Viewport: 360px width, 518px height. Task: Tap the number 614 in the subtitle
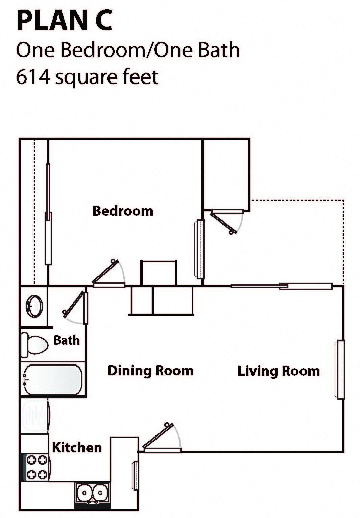33,77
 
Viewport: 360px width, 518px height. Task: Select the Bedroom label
123,211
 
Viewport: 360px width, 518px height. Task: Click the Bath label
67,340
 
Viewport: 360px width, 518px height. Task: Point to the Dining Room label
150,371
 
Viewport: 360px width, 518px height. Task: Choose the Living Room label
279,371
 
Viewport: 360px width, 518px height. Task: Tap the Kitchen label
77,447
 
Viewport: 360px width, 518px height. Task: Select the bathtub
52,379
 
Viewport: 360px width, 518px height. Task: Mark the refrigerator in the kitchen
35,416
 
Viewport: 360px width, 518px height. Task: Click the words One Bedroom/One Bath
128,50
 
